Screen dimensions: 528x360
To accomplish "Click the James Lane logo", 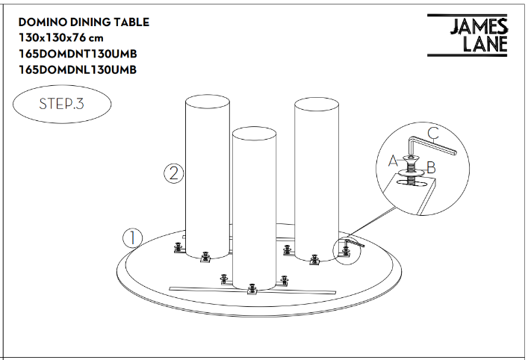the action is [x=467, y=35].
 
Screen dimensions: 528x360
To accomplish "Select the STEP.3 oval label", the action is [x=62, y=104].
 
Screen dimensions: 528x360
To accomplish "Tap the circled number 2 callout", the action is [x=174, y=173].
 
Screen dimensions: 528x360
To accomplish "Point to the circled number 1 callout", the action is [x=132, y=238].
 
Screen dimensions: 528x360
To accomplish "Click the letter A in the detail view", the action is [x=393, y=161].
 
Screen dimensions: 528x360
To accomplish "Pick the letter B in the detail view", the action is [x=432, y=168].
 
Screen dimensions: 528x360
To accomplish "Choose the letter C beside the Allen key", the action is [x=434, y=134].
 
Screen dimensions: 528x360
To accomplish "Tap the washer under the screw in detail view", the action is [x=411, y=173].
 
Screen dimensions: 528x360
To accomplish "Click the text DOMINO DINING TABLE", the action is [x=84, y=22].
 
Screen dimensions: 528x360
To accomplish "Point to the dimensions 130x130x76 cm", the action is [x=61, y=37].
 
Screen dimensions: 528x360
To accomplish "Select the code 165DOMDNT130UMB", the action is [x=78, y=54].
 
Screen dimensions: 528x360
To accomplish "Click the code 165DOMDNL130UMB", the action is [x=78, y=69].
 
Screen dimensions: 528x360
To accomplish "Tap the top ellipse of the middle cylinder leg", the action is [x=254, y=134].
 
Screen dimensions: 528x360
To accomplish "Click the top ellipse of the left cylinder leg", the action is [x=208, y=102].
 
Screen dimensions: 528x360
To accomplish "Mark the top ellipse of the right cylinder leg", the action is [x=317, y=104].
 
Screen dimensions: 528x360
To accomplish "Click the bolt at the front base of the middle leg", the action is [x=252, y=289].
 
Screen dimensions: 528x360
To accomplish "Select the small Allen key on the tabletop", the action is [x=353, y=243].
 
